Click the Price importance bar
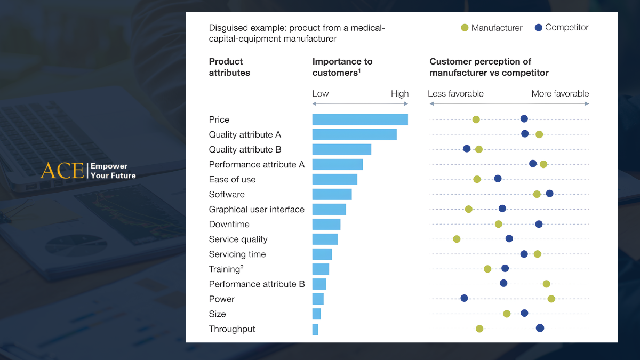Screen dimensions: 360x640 [360, 119]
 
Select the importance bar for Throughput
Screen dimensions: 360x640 [315, 329]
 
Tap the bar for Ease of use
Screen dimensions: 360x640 [334, 179]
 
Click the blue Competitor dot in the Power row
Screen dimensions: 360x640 [464, 298]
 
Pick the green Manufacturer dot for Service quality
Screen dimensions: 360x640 [457, 238]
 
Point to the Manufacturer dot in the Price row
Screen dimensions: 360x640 [476, 119]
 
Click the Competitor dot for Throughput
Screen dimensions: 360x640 [540, 328]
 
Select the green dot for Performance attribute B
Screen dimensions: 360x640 [546, 284]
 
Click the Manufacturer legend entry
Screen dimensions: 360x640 [491, 28]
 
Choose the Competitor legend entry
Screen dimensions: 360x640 [562, 27]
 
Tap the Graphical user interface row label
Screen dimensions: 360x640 [257, 210]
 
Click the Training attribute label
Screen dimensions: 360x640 [225, 269]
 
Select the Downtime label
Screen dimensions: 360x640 [229, 225]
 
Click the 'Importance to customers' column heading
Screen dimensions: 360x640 [342, 67]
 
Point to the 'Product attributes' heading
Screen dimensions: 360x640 [229, 67]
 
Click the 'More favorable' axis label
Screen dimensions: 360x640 [560, 94]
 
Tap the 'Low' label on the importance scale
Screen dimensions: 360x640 [321, 94]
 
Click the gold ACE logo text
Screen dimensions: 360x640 [62, 171]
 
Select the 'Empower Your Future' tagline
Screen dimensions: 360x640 [113, 171]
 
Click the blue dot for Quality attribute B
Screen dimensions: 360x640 [467, 148]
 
